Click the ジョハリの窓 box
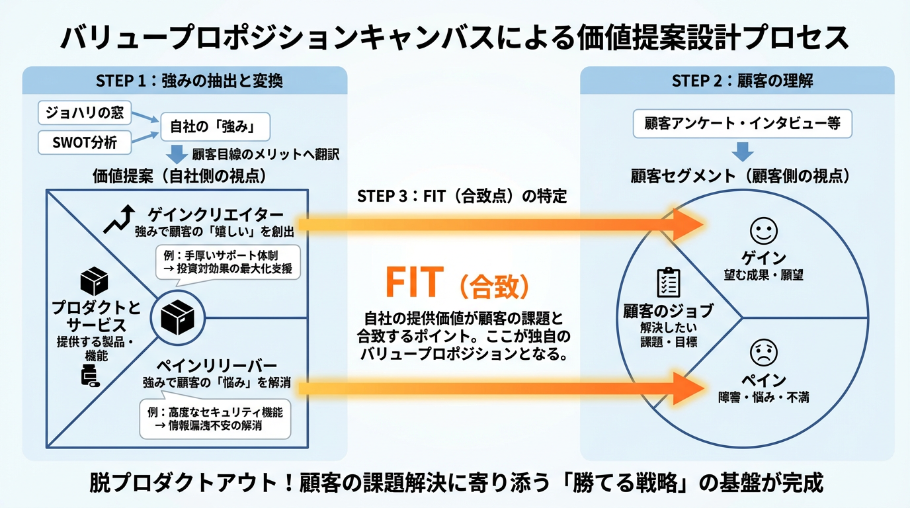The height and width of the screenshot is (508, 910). [x=85, y=112]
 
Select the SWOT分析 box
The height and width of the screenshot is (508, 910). [x=85, y=142]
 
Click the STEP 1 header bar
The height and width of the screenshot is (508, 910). [x=185, y=81]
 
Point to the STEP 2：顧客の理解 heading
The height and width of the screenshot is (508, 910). [x=737, y=81]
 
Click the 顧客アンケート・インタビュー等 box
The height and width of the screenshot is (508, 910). [x=742, y=124]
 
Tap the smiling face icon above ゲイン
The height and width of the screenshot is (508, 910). [x=763, y=231]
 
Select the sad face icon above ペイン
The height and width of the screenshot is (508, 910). [x=763, y=353]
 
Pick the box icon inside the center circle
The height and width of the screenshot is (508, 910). [x=176, y=318]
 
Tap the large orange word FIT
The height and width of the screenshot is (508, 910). [x=413, y=283]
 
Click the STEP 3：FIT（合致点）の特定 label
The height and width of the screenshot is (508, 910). [x=461, y=196]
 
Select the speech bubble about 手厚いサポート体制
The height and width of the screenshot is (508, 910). [x=227, y=261]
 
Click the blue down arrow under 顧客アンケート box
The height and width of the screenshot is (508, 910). [x=742, y=151]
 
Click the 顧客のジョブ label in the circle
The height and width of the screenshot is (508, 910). [x=668, y=311]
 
